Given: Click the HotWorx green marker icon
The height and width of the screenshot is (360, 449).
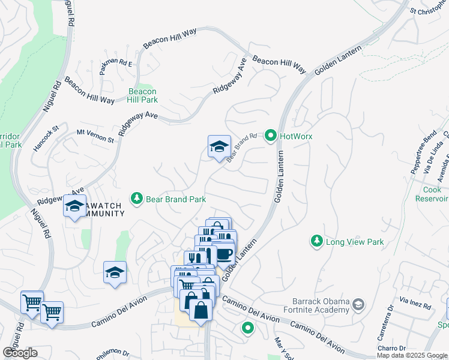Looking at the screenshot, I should coord(270,136).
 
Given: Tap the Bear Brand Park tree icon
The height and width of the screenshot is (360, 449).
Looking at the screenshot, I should coord(137,199).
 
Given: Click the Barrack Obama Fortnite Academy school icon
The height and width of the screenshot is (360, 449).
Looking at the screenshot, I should coord(358,305).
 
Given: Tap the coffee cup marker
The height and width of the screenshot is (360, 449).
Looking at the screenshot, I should coord(224,253).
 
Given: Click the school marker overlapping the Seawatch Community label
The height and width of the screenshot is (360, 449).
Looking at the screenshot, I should coord(75,206).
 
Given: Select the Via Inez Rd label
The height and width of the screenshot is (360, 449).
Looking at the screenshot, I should coord(415,303).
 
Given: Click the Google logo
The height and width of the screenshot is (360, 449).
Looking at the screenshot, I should coord(20,353).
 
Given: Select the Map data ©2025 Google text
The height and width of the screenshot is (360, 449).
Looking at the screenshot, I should coord(412,355).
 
